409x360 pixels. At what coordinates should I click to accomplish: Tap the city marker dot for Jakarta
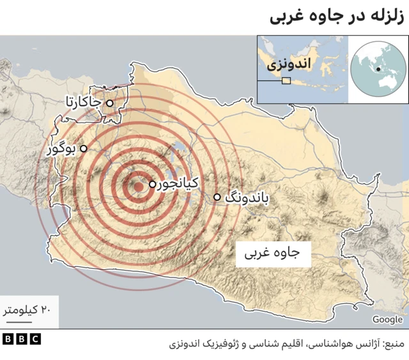tap(109, 103)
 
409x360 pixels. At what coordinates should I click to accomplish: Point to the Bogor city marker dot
tap(83, 148)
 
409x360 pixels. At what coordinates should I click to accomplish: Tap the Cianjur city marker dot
tap(152, 184)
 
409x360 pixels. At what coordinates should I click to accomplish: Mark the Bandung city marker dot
tap(217, 197)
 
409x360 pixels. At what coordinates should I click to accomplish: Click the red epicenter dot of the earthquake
tap(137, 186)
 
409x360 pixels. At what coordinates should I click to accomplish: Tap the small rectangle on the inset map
tap(286, 80)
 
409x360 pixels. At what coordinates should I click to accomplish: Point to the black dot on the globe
tap(379, 70)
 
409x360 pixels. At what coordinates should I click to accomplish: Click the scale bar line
tap(24, 320)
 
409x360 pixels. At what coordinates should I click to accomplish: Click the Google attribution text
tap(387, 319)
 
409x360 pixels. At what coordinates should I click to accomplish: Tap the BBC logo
tap(21, 339)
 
